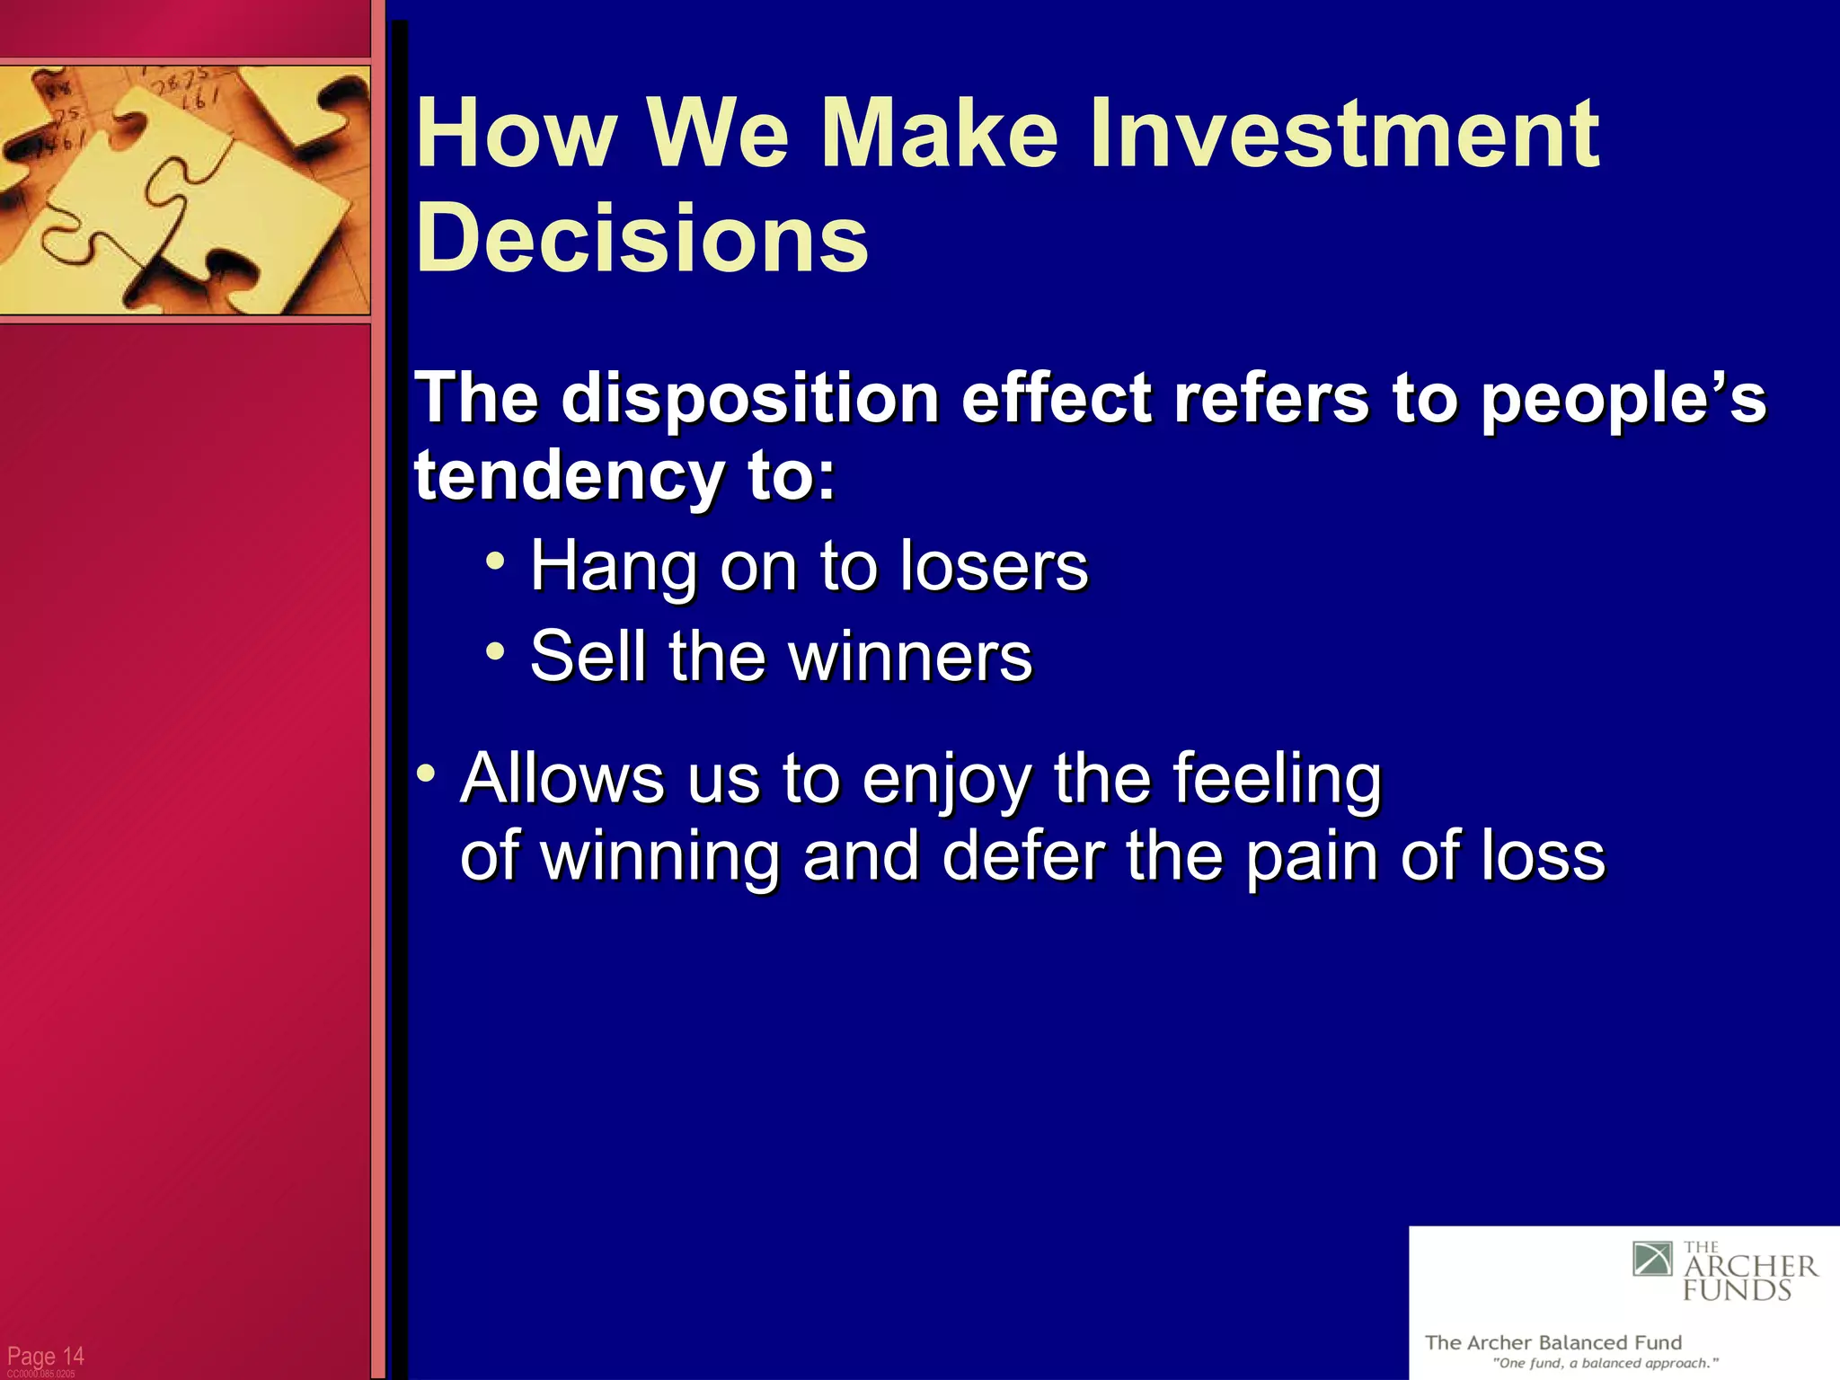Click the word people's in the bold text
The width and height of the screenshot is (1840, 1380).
coord(1623,398)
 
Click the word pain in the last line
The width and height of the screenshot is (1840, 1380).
coord(1312,857)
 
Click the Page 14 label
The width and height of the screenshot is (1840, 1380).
coord(45,1356)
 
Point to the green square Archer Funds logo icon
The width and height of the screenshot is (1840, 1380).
coord(1652,1259)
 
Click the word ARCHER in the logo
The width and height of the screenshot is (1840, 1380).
coord(1750,1268)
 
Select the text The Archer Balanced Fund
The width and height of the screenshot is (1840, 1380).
coord(1552,1342)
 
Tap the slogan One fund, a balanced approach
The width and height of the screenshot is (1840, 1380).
coord(1605,1364)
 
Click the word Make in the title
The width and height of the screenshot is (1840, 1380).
coord(940,135)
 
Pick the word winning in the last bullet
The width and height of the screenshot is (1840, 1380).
coord(660,857)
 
